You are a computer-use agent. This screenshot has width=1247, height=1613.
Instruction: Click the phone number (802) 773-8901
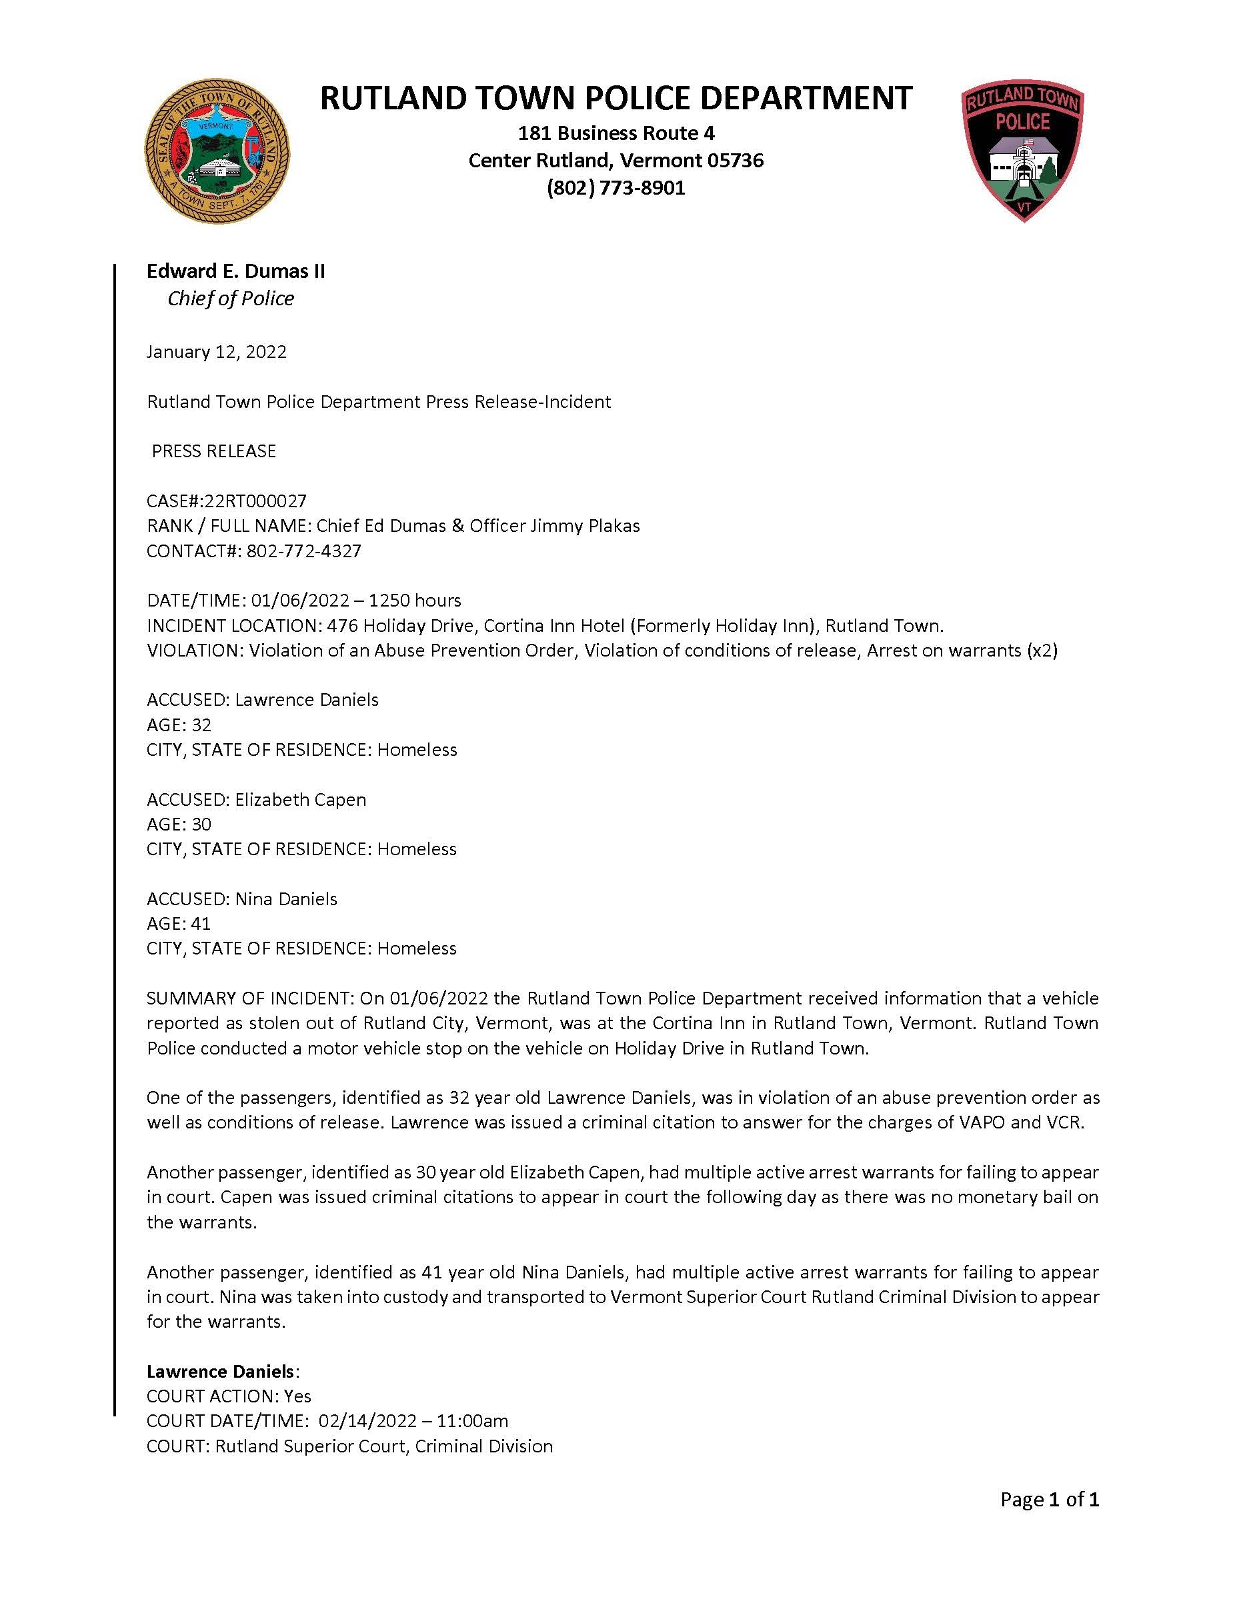[615, 189]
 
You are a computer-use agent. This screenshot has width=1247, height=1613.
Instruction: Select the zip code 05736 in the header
[735, 160]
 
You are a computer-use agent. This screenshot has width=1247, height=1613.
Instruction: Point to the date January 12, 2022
[217, 351]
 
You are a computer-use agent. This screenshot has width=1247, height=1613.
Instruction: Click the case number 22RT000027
[255, 501]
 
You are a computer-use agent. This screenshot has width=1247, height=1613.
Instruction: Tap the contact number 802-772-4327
[303, 551]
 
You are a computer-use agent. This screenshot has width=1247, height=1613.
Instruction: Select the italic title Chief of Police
[231, 299]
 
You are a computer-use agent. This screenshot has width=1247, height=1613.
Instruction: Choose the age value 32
[201, 725]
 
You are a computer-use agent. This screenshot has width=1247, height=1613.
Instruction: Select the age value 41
[201, 923]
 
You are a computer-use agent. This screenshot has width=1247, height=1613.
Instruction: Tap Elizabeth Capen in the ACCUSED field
[301, 799]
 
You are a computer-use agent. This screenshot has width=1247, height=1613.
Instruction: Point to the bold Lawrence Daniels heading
[220, 1372]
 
